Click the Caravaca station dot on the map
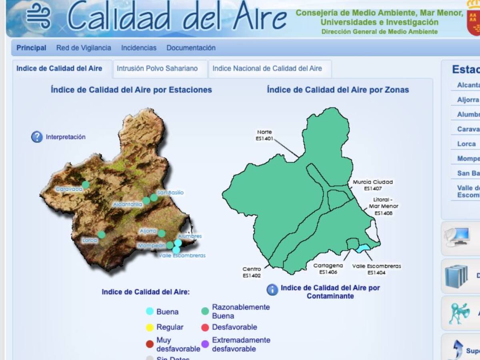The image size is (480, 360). [x=86, y=185]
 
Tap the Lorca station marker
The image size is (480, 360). [x=102, y=234]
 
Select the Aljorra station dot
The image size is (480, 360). [x=162, y=234]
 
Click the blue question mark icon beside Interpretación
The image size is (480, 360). [x=37, y=137]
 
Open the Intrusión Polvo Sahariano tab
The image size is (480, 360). [x=157, y=68]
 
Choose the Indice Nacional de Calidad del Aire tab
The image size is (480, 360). [x=267, y=68]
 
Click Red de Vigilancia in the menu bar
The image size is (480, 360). [x=84, y=48]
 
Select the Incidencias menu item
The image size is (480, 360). [x=139, y=48]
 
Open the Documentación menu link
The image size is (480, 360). [x=191, y=48]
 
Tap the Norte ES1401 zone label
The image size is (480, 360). [x=264, y=135]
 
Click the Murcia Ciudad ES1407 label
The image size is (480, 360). [x=373, y=185]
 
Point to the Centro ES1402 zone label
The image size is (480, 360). [x=252, y=272]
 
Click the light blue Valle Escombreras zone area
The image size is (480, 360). [x=363, y=249]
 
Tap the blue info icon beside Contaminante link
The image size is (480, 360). [x=272, y=290]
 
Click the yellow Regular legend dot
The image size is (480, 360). [x=150, y=328]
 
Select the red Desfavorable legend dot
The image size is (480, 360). [x=205, y=328]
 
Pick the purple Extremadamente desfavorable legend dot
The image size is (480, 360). [x=205, y=344]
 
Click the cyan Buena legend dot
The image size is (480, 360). [x=150, y=312]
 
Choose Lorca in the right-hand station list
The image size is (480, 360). [x=466, y=144]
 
